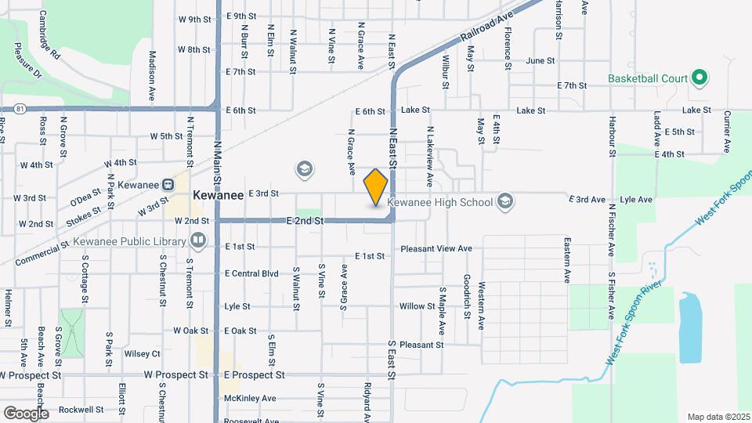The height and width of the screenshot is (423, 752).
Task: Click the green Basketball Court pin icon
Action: click(700, 78)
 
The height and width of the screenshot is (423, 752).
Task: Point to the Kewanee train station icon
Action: click(167, 185)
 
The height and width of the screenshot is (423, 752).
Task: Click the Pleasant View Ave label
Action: click(436, 248)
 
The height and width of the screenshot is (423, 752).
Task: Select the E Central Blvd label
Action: click(251, 273)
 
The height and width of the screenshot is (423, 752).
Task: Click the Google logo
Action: click(26, 413)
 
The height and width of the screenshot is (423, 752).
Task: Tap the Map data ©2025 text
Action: click(718, 417)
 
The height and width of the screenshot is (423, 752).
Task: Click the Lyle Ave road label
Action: click(635, 200)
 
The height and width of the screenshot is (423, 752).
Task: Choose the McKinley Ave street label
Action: click(250, 398)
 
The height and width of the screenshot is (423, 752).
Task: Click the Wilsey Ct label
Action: click(142, 353)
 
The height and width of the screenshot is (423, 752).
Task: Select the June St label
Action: click(540, 60)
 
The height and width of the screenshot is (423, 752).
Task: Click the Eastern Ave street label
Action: click(566, 261)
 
